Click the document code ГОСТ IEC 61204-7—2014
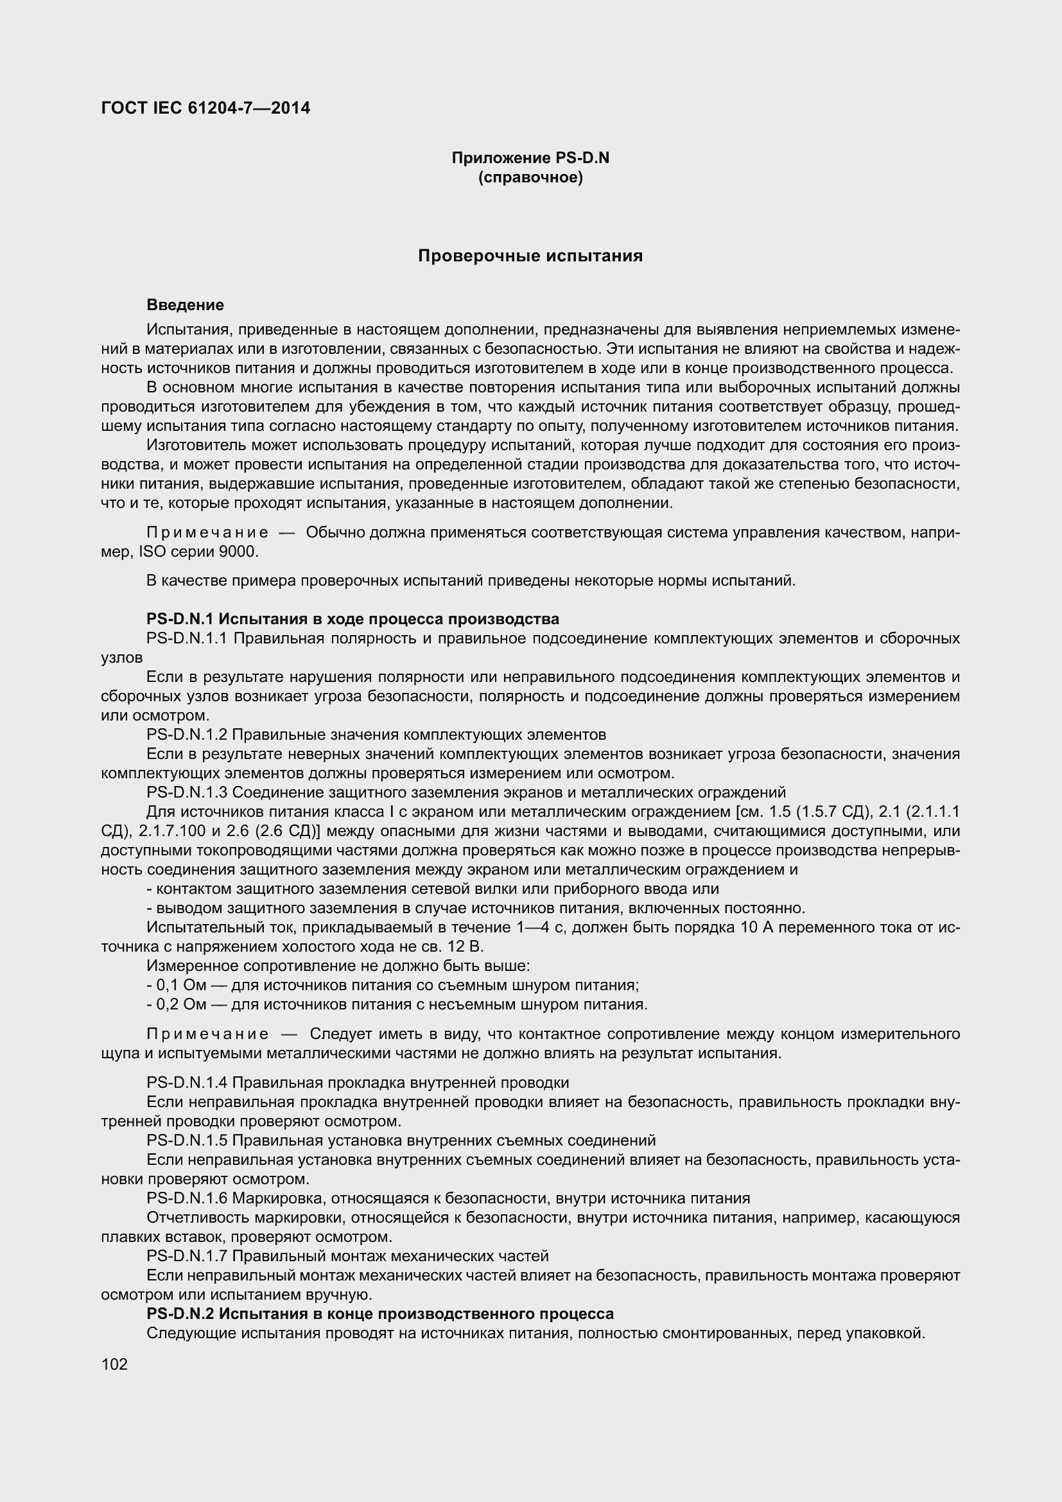point(205,108)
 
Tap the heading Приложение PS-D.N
point(530,158)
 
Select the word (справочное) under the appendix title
point(530,177)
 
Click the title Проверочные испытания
point(530,256)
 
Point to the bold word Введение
point(185,305)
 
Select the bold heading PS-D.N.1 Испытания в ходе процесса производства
point(353,619)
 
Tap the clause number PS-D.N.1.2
point(186,734)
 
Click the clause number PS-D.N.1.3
point(186,792)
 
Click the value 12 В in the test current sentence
point(467,947)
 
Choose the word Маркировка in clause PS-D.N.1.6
point(279,1198)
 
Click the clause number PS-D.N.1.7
point(186,1255)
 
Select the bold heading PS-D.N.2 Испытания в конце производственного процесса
point(380,1314)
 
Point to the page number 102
point(114,1364)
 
